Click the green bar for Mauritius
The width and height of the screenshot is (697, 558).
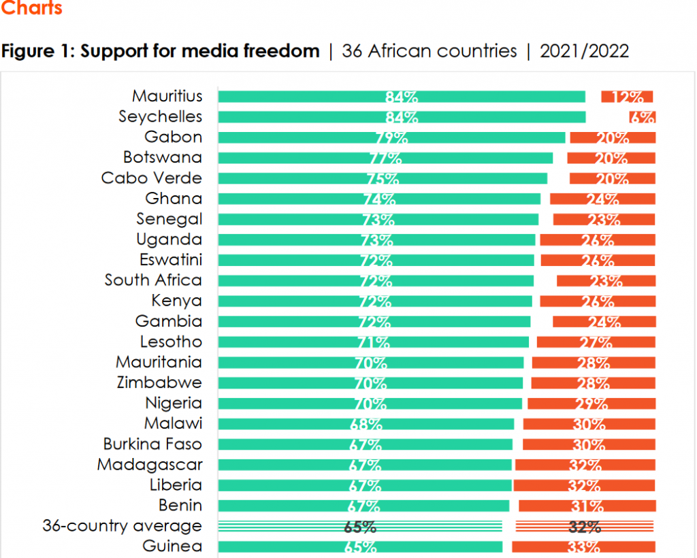coord(402,97)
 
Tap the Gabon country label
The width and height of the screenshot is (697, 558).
coord(173,137)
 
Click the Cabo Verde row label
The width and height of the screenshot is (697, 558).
coord(151,178)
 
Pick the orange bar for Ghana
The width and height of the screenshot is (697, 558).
coord(602,199)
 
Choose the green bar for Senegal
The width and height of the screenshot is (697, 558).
coord(378,220)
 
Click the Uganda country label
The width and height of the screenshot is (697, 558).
coord(169,240)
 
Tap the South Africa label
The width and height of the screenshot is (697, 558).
coord(153,280)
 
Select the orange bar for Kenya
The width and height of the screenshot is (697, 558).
coord(598,301)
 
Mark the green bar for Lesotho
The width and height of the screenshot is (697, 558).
coord(373,342)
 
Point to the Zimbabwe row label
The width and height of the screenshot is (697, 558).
coord(159,382)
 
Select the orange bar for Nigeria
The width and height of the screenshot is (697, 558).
coord(591,404)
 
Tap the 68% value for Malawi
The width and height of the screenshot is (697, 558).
coord(366,424)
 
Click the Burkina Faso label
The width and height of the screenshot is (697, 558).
coord(152,444)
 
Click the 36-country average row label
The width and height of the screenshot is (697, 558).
coord(122,526)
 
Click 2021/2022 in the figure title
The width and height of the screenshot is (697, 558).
coord(584,51)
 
